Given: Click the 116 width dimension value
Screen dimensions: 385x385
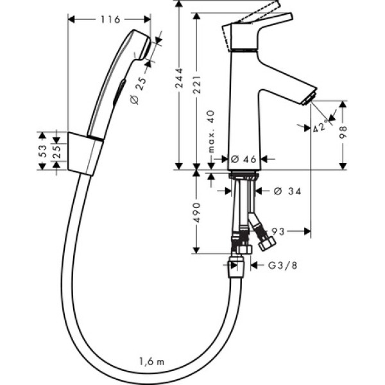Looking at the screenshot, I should pos(110,20).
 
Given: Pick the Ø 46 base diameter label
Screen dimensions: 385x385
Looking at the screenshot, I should pos(243,159).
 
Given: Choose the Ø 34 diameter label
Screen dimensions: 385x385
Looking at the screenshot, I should pos(286,191).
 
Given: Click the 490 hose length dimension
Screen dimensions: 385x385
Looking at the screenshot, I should pos(198,212).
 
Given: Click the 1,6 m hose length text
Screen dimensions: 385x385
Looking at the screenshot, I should pos(151,361).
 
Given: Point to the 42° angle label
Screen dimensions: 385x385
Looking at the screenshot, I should pos(320,126).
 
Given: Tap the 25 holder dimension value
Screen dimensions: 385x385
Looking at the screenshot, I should pos(57,151).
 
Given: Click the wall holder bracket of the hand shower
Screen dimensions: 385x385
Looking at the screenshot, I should pos(83,155).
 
